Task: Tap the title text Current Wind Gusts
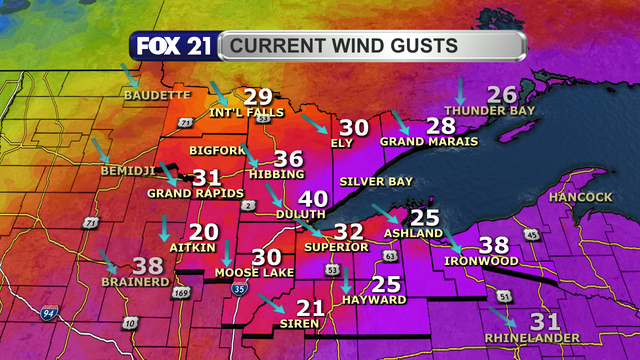[x=340, y=46]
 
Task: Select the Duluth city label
[x=301, y=214]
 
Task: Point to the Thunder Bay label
[x=490, y=110]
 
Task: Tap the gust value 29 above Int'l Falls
[x=258, y=97]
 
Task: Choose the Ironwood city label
[x=482, y=261]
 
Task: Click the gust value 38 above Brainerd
[x=147, y=266]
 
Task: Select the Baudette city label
[x=156, y=95]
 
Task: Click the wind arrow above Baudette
[x=131, y=75]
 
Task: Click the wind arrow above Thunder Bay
[x=460, y=89]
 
